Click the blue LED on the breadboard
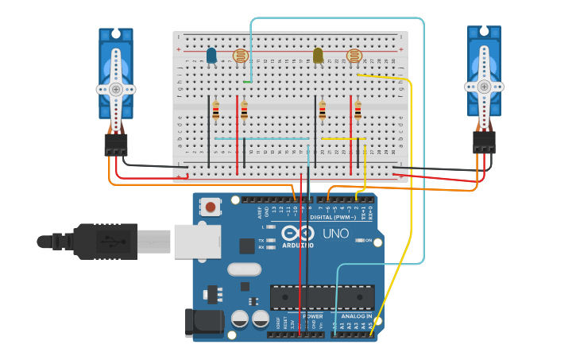point(211,56)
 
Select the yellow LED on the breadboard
point(318,56)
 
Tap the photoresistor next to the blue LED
point(241,56)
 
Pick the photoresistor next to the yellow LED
point(354,56)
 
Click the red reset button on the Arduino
point(211,207)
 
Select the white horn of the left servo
point(116,88)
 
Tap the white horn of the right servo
point(484,87)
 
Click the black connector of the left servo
point(116,144)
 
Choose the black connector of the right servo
point(484,142)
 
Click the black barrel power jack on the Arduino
point(202,321)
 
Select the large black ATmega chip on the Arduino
point(322,297)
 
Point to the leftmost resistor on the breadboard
point(215,110)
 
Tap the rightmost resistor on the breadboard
point(358,110)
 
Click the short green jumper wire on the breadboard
point(248,81)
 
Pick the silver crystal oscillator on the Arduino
point(244,269)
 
